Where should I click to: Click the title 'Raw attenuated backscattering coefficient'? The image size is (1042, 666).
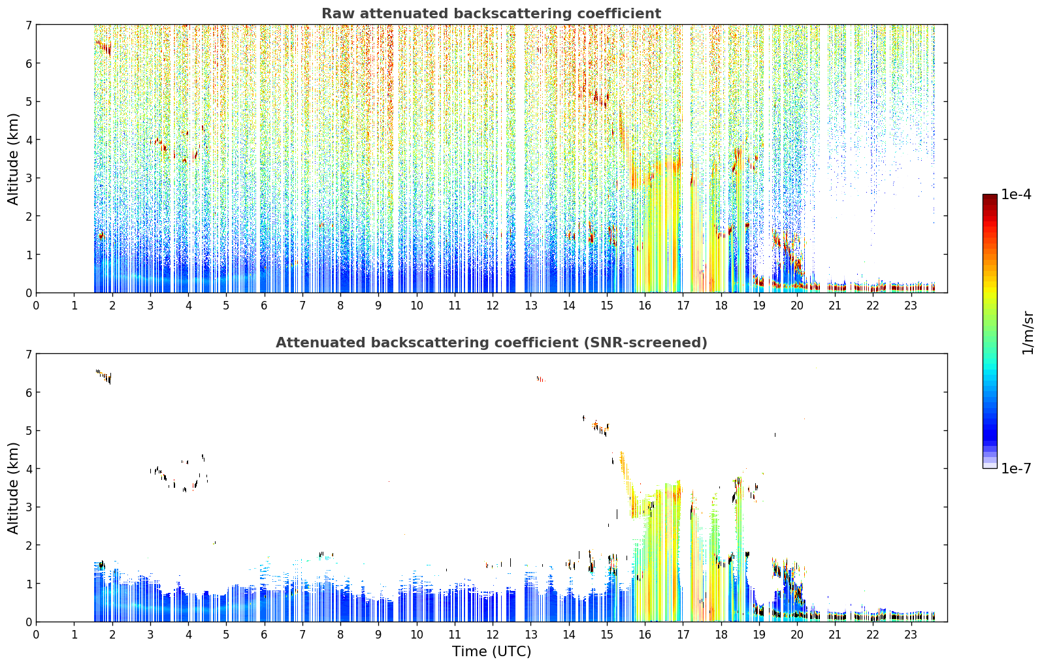pos(491,14)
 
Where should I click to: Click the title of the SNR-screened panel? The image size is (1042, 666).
pos(491,342)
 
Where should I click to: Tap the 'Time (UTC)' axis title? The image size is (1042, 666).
pos(491,651)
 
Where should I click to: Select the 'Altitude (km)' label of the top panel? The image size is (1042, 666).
pos(13,159)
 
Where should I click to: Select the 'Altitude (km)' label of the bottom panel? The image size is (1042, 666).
pos(13,488)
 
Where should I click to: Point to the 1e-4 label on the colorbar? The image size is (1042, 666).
pos(1016,195)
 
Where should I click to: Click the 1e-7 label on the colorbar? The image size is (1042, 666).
pos(1016,468)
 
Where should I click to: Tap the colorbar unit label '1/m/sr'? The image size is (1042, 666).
pos(1028,333)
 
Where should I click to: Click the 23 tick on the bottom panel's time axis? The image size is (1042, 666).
pos(911,634)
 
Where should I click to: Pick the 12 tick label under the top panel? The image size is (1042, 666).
pos(493,305)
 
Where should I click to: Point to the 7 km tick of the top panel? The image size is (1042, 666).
pos(28,25)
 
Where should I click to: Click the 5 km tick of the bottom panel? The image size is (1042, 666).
pos(28,431)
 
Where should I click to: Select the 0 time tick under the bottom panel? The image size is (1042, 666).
pos(37,634)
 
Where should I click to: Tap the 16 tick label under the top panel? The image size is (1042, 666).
pos(645,305)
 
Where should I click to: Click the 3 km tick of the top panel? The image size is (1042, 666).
pos(28,178)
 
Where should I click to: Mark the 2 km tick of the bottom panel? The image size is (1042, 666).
pos(28,545)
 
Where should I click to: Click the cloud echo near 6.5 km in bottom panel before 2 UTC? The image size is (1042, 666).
pos(104,376)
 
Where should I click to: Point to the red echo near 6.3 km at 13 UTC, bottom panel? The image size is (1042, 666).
pos(540,379)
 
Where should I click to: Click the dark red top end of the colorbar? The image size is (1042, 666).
pos(990,197)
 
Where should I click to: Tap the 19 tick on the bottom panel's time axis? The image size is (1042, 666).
pos(758,634)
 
